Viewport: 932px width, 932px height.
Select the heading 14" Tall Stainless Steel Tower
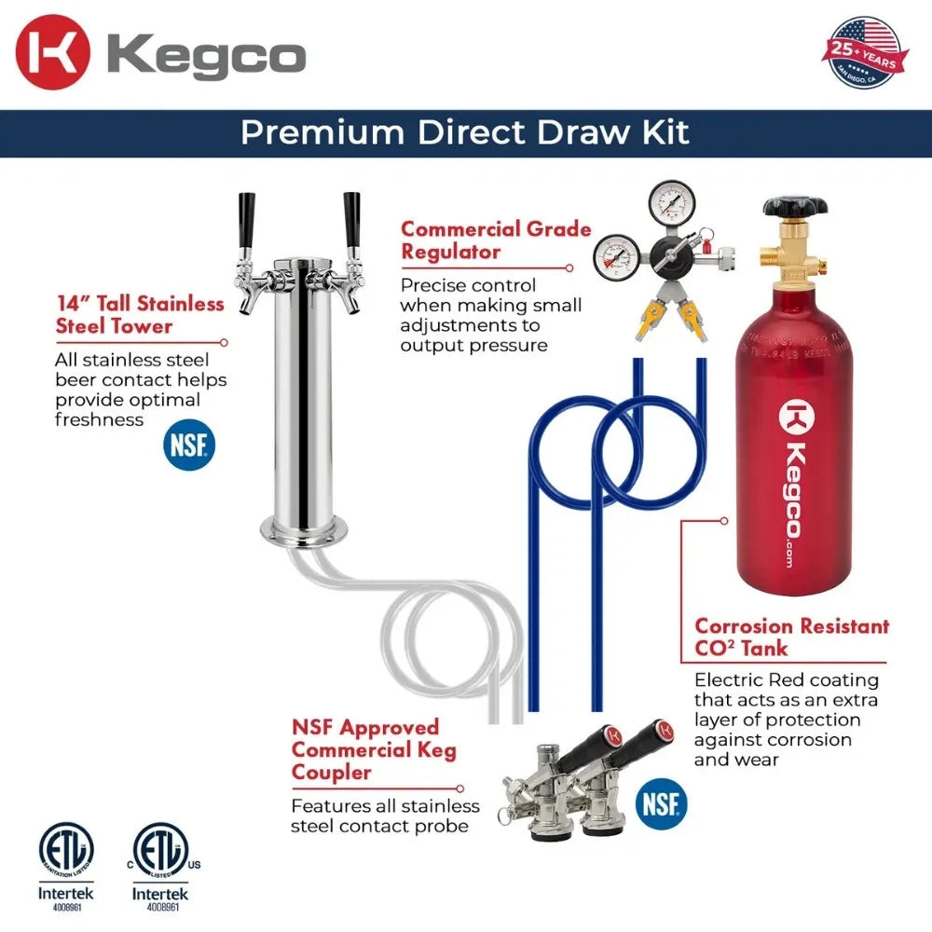[139, 315]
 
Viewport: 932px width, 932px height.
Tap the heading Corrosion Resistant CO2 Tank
[791, 637]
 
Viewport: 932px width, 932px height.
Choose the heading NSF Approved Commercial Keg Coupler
[374, 749]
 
